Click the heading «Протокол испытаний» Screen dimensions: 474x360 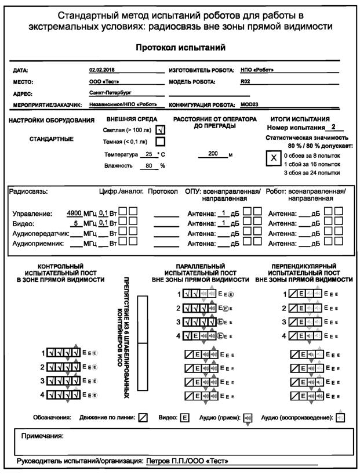[180, 47]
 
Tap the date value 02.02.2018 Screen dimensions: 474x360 [101, 70]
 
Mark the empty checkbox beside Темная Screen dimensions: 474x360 [161, 141]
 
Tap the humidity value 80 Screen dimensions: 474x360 [149, 165]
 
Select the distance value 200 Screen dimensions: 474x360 [213, 154]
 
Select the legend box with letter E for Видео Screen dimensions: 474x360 [185, 417]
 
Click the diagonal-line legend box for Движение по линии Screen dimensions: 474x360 [143, 417]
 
